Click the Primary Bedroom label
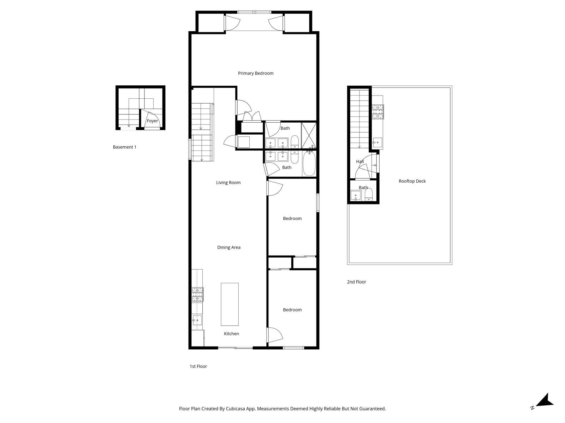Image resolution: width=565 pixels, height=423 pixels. tap(256, 73)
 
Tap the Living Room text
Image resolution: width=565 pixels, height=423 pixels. tap(228, 183)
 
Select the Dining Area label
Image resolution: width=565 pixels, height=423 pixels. tap(229, 247)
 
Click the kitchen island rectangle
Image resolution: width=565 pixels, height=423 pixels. tap(230, 304)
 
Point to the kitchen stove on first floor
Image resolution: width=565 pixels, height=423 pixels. tap(197, 295)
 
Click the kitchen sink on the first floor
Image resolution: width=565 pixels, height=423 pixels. tap(197, 320)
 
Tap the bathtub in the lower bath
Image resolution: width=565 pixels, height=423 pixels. tap(309, 163)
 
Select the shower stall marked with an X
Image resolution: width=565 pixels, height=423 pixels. tap(309, 135)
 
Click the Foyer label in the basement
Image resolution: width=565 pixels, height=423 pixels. tap(153, 121)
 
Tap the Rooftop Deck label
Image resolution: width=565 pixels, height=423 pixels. tap(412, 181)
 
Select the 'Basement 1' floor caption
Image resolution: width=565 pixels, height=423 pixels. tap(124, 147)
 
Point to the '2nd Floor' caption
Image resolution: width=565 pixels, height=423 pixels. tap(356, 282)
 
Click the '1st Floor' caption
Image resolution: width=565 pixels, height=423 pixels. tap(198, 367)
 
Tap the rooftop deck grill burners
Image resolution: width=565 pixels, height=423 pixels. tap(378, 112)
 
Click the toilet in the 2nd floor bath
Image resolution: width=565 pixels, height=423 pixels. tap(369, 195)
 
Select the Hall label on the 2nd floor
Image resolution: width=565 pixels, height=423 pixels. tap(360, 162)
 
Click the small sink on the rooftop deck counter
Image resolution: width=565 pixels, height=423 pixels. tap(377, 142)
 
